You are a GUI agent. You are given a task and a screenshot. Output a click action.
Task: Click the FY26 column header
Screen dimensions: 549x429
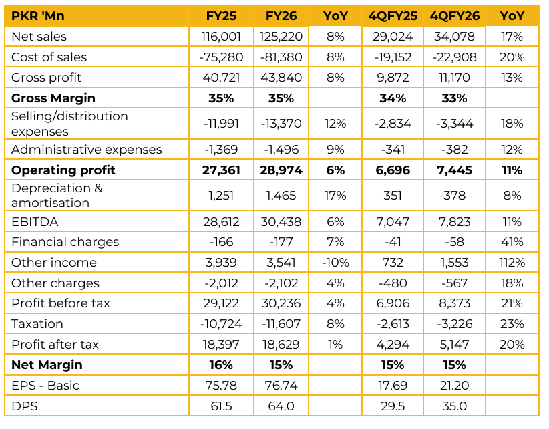[x=281, y=16]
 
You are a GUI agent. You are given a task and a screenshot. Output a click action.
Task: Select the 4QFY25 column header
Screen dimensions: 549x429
[x=393, y=16]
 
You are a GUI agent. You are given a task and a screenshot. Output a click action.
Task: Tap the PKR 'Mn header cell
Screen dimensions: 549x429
[x=38, y=16]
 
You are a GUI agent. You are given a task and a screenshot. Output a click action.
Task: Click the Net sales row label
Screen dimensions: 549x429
[x=39, y=37]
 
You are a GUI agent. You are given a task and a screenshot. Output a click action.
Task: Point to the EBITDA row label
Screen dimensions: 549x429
[x=35, y=222]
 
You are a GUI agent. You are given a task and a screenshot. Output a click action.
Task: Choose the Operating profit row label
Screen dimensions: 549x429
[x=63, y=170]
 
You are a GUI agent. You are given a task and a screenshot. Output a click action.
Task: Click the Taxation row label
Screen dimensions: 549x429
[x=37, y=324]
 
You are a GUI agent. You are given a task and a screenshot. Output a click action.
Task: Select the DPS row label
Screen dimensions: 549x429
[x=25, y=406]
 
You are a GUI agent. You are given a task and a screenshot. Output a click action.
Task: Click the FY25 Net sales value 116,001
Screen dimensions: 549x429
[x=221, y=37]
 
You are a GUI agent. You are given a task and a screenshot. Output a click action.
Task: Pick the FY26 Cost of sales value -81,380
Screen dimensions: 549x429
[x=281, y=57]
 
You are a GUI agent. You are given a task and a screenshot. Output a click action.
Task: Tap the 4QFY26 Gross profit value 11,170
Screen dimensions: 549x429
[x=454, y=78]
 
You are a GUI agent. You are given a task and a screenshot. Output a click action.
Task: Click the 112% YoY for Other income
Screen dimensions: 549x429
[x=512, y=263]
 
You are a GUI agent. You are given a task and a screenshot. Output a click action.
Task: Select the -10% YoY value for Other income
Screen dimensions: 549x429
[x=335, y=263]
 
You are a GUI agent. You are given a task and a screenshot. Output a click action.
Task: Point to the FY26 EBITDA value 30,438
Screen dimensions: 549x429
[x=281, y=222]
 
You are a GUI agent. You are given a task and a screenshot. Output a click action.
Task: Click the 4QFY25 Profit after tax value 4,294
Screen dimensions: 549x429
[x=393, y=345]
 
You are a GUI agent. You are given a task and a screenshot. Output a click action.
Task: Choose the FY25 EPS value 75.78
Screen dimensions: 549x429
[x=221, y=386]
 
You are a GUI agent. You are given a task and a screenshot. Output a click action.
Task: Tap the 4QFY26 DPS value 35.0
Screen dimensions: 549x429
[x=454, y=406]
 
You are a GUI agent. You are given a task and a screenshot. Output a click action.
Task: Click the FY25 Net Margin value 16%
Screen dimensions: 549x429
[x=221, y=365]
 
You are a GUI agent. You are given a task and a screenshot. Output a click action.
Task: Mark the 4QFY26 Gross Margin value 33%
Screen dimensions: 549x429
[x=454, y=98]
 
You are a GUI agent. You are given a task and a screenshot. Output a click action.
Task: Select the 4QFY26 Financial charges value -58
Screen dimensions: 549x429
[x=454, y=242]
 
